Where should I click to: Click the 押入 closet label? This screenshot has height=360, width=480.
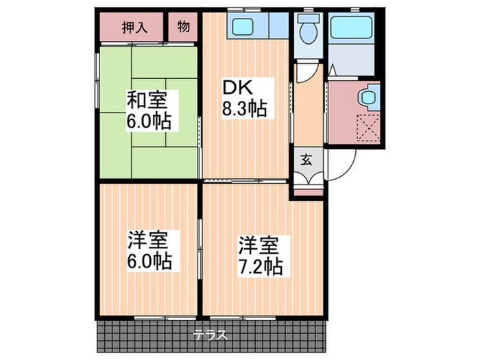(x=134, y=27)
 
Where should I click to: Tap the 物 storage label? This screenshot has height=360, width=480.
(x=183, y=27)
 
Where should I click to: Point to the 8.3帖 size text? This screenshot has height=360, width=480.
(x=243, y=108)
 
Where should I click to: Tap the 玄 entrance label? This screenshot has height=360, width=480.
(x=306, y=162)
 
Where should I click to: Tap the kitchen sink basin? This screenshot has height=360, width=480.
(x=242, y=27)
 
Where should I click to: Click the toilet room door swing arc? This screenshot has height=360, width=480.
(x=307, y=74)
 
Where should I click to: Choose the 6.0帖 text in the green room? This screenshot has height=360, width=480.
(x=148, y=123)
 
